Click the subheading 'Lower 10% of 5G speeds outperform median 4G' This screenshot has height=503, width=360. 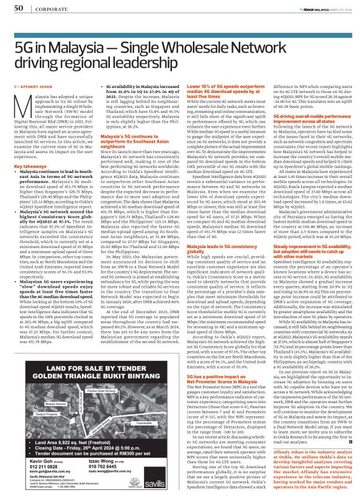219,88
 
